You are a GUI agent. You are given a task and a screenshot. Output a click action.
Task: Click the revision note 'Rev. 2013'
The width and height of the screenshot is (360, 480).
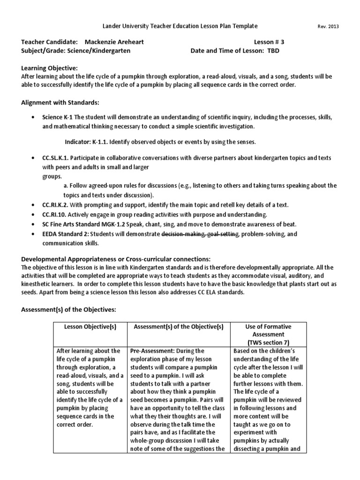(329, 27)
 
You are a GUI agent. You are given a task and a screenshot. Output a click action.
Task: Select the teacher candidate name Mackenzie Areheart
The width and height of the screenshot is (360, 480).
(114, 42)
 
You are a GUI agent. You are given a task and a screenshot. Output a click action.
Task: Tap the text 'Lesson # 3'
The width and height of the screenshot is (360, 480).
(269, 42)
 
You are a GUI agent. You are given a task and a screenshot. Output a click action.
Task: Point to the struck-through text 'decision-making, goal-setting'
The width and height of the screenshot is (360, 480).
(200, 233)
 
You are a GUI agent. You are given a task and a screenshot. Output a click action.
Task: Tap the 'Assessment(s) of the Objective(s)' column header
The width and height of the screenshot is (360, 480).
(179, 326)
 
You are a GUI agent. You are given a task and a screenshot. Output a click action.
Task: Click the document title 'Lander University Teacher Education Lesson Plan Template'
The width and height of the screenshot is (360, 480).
(180, 26)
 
